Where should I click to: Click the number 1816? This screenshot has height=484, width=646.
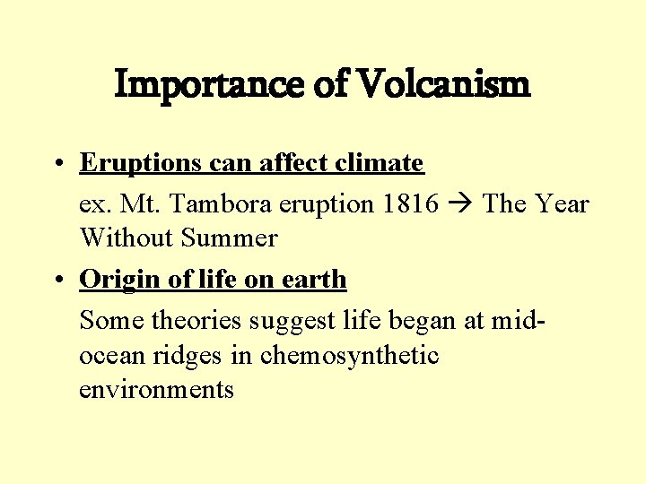[x=409, y=204]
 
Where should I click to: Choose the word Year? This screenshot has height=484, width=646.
[x=561, y=204]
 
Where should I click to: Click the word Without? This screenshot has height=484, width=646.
[x=127, y=238]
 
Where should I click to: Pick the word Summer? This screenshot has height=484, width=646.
[x=230, y=238]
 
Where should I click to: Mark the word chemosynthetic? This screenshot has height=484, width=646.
[x=350, y=356]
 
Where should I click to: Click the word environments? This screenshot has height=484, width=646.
[x=157, y=390]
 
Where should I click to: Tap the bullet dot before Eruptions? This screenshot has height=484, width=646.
[x=57, y=164]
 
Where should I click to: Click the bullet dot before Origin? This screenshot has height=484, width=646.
[x=57, y=281]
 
